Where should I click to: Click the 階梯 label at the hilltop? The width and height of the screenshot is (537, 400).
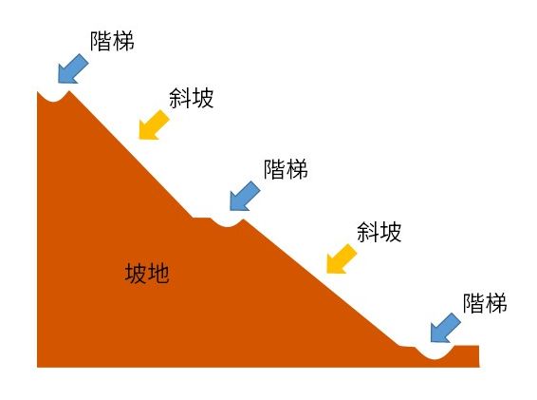coord(112,42)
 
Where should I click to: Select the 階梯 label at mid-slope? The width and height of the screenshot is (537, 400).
coord(286,169)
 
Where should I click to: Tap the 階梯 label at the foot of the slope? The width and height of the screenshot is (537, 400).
coord(485,303)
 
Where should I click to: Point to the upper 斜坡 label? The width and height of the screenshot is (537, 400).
coord(191,98)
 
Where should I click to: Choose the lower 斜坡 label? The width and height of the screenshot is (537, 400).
coord(379,232)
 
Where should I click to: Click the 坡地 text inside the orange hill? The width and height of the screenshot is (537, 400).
coord(147,274)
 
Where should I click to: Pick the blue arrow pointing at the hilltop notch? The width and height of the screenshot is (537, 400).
coord(73,69)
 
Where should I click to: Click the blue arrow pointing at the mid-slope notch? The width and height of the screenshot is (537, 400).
coord(245,197)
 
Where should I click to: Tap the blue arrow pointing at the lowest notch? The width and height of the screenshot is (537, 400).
coord(445,329)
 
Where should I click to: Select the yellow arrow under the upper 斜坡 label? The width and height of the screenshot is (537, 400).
coord(154,125)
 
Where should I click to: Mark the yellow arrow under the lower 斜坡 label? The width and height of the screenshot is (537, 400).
coord(342,259)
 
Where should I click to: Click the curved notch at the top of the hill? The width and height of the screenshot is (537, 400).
coord(53,99)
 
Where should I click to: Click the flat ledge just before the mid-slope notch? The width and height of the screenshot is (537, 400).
coord(201,219)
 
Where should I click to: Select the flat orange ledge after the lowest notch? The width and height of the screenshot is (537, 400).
coord(467,347)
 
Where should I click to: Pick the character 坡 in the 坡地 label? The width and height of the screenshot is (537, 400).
coord(136,274)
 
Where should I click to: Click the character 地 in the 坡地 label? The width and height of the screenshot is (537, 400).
coord(158,274)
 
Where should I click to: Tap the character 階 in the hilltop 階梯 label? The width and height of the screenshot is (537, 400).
coord(101,42)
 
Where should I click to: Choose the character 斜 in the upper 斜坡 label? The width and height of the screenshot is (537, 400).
coord(180,98)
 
